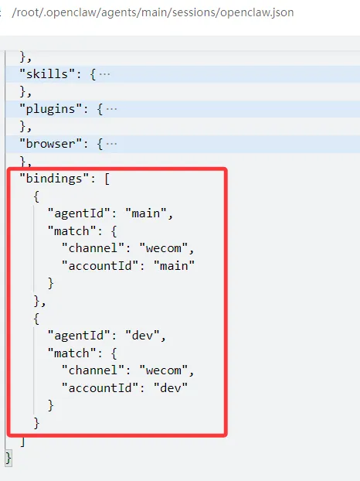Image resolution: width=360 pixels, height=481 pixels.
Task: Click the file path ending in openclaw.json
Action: click(153, 12)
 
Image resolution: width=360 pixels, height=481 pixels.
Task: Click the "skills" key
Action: click(47, 74)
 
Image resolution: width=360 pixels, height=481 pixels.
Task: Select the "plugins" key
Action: click(50, 109)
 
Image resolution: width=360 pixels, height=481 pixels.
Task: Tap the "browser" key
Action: click(50, 144)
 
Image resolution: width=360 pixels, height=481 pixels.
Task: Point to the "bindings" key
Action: click(54, 179)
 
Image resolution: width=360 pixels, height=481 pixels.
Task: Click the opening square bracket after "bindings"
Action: click(107, 179)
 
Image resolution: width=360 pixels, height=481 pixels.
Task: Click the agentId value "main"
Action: click(146, 213)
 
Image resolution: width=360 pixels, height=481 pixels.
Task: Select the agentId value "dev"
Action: click(142, 336)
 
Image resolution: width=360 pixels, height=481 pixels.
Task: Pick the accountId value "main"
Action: click(174, 266)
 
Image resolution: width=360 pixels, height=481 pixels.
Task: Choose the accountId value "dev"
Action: click(171, 388)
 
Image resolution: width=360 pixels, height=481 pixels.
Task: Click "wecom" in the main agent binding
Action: click(163, 248)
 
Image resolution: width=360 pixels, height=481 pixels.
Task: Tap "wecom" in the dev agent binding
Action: click(163, 370)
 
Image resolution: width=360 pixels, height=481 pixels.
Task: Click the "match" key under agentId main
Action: click(72, 230)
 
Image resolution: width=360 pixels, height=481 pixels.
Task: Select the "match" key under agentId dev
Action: click(72, 353)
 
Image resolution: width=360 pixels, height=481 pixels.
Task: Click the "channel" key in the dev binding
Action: click(93, 370)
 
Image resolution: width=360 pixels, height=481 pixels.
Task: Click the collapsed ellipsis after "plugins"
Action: click(111, 110)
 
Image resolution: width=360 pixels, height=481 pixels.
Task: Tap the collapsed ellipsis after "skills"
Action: click(104, 74)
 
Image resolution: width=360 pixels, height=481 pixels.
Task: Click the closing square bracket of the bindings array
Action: click(22, 441)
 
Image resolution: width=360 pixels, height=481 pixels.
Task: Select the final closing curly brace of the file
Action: click(8, 459)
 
